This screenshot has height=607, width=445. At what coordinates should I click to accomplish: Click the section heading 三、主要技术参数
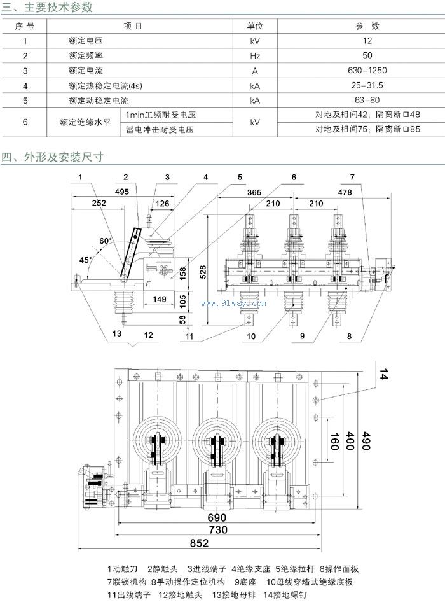click(x=48, y=8)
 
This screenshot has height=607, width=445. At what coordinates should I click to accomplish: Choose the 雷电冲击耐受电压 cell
click(x=160, y=129)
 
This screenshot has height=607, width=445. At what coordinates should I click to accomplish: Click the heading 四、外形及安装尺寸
click(x=52, y=157)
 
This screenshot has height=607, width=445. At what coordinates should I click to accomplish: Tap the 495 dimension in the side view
click(x=123, y=191)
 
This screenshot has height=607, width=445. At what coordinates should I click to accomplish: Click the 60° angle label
click(x=105, y=241)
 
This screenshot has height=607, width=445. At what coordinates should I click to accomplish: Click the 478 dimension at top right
click(x=345, y=191)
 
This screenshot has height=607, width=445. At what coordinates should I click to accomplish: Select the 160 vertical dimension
click(x=334, y=443)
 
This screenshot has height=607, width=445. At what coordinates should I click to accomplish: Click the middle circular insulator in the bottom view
click(x=217, y=440)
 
